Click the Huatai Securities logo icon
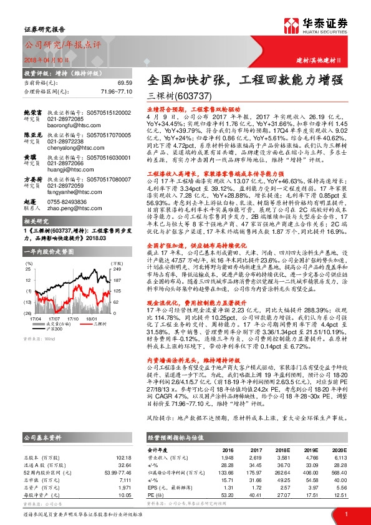(x=291, y=26)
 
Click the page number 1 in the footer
(x=345, y=513)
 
